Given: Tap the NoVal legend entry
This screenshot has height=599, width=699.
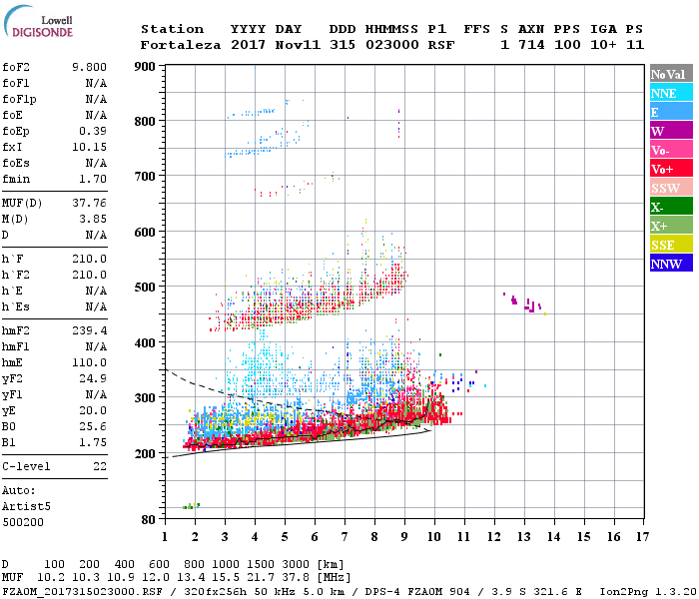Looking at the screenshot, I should [x=670, y=74].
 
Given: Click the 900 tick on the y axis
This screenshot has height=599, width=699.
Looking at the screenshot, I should [x=145, y=66].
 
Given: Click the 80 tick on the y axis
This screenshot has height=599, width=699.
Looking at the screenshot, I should [x=148, y=519].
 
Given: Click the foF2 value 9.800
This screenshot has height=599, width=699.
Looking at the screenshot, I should [x=89, y=67].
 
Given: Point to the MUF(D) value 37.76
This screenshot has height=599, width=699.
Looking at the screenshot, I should [x=89, y=203].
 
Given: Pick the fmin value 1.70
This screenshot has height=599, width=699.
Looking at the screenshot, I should [x=92, y=179].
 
